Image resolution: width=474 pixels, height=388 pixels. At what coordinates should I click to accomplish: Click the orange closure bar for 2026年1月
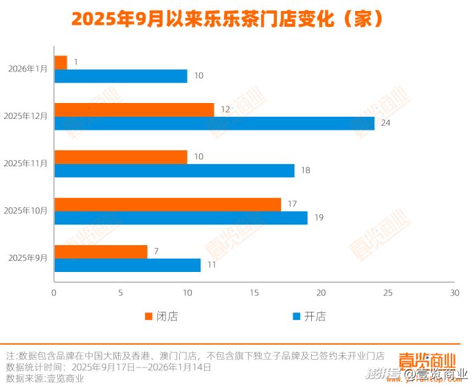(60, 62)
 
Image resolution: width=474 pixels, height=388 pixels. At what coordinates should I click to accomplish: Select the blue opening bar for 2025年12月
(214, 123)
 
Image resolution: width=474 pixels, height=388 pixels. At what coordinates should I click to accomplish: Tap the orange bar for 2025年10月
(167, 204)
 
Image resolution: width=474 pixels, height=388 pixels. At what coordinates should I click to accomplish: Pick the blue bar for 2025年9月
(127, 265)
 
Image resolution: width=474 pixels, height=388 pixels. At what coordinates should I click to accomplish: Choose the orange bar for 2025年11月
(120, 157)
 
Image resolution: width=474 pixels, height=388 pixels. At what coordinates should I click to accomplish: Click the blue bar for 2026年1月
(120, 76)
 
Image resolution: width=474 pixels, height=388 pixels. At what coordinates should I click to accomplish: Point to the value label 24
(385, 123)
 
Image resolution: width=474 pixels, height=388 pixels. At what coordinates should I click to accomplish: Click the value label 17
(292, 204)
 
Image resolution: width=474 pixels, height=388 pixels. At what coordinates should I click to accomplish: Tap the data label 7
(156, 251)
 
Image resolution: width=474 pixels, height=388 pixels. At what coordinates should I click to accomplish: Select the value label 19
(319, 218)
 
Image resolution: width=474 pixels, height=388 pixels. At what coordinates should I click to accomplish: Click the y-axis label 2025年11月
(25, 163)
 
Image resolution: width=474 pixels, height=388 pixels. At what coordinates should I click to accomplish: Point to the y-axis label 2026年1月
(28, 69)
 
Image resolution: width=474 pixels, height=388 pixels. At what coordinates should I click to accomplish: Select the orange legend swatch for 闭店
(148, 317)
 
